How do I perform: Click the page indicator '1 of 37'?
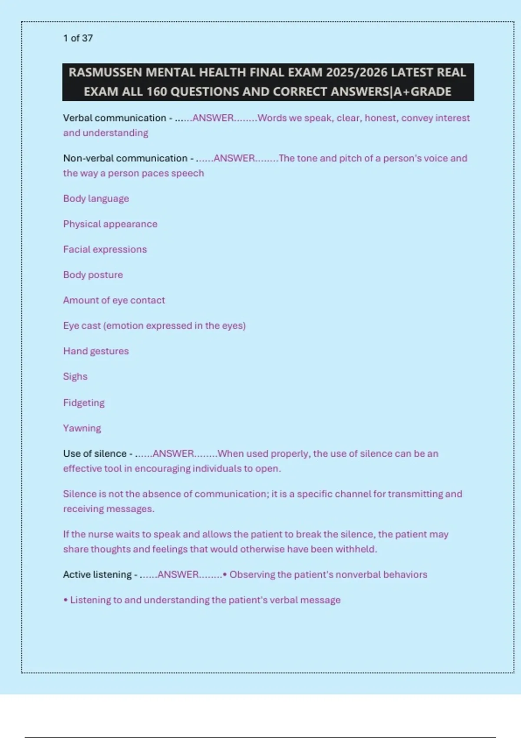click(x=78, y=38)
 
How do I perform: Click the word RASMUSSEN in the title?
click(x=105, y=72)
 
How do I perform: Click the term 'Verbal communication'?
click(x=115, y=118)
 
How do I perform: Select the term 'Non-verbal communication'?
click(x=125, y=158)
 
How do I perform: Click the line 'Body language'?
click(x=96, y=199)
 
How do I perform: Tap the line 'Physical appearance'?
click(x=110, y=224)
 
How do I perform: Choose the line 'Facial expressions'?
click(x=105, y=250)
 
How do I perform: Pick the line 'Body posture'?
click(x=93, y=275)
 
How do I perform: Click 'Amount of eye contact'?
click(x=114, y=300)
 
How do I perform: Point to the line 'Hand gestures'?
click(x=96, y=351)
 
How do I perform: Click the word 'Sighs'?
click(x=75, y=376)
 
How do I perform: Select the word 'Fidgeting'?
click(x=84, y=403)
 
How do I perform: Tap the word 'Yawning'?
click(x=82, y=428)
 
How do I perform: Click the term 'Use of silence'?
click(x=95, y=454)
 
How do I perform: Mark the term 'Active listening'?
click(x=97, y=575)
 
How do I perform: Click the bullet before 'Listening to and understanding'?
click(x=66, y=600)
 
